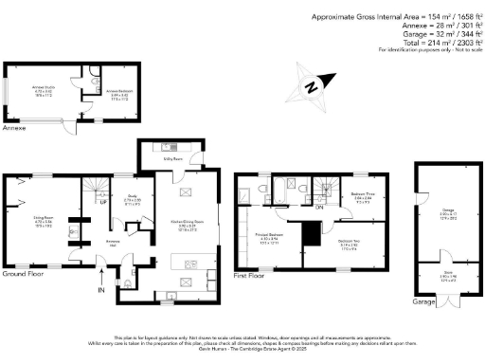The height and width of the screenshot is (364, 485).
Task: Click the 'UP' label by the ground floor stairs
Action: coord(103,202)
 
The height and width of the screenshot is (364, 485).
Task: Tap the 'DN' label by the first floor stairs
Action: coord(320,208)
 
